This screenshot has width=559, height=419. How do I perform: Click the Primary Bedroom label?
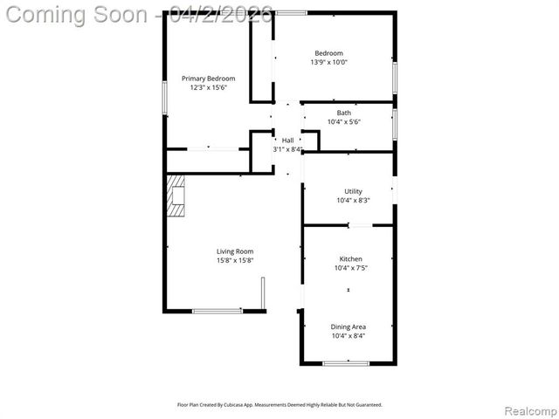click(x=208, y=79)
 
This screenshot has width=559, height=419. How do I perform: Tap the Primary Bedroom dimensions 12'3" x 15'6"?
click(x=208, y=87)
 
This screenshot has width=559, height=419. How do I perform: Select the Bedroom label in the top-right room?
click(x=329, y=53)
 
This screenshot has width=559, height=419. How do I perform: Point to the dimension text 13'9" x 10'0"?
click(x=329, y=62)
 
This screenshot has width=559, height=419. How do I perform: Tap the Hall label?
click(x=287, y=140)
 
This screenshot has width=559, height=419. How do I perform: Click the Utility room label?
click(x=353, y=191)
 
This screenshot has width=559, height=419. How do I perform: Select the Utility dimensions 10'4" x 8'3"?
click(x=353, y=200)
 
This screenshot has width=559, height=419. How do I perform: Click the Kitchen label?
click(x=350, y=259)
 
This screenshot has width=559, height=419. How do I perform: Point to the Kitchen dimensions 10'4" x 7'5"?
click(x=350, y=268)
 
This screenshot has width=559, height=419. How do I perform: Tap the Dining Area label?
click(x=349, y=326)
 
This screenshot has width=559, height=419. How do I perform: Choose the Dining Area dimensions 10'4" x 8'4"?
click(x=349, y=335)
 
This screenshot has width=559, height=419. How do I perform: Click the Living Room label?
click(x=235, y=251)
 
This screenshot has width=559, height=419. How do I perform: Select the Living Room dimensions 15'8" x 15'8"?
click(x=235, y=260)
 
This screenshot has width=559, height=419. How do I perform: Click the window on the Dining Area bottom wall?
click(x=346, y=362)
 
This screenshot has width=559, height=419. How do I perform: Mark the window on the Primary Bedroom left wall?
click(x=165, y=98)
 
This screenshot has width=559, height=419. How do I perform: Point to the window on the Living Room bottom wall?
click(x=217, y=311)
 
